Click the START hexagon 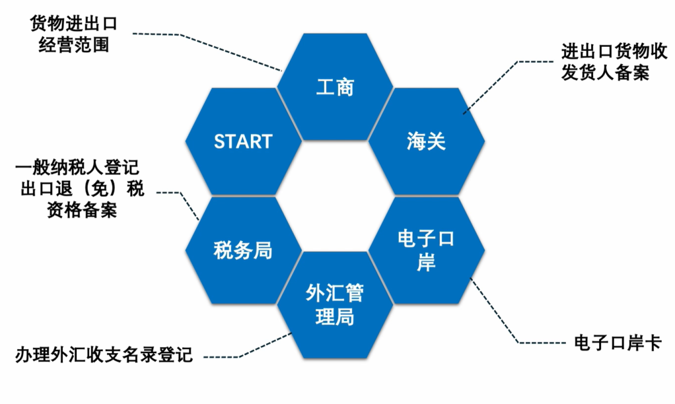pos(243,141)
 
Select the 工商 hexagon pos(335,86)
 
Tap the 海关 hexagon pos(426,141)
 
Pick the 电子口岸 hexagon pos(426,250)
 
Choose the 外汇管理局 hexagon pos(335,304)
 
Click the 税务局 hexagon pos(243,250)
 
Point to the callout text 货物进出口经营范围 pos(73,35)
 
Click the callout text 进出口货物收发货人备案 pos(605,61)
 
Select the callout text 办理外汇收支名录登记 pos(104,355)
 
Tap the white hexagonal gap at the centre pos(335,196)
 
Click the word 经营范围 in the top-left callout pos(73,46)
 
